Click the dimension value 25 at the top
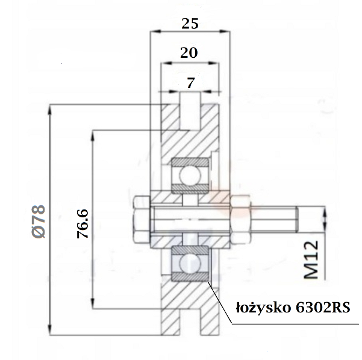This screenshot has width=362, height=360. [x=190, y=23]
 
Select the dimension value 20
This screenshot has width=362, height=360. [x=189, y=52]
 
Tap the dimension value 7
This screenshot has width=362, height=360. [x=190, y=83]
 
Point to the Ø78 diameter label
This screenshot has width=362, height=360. [x=39, y=221]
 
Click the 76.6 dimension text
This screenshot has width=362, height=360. [x=83, y=223]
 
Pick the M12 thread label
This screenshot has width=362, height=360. [x=311, y=259]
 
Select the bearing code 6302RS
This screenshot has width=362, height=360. [x=323, y=308]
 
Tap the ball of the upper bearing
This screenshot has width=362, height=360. [x=190, y=175]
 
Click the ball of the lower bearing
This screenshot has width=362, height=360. [x=190, y=264]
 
